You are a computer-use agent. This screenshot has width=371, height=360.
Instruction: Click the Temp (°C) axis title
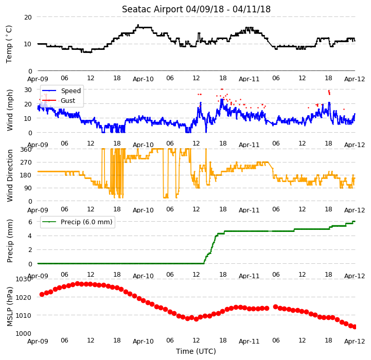pos(9,44)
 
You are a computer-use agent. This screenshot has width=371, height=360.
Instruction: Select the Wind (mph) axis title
pos(9,110)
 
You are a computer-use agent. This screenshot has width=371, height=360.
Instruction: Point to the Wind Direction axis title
pos(9,175)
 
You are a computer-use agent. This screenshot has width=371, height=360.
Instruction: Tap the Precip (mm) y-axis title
pos(9,241)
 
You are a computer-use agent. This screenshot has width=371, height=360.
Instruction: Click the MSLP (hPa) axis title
pos(9,307)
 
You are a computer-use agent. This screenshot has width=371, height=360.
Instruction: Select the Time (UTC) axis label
pos(196,351)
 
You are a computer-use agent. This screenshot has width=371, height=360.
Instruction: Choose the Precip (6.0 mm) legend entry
pos(77,222)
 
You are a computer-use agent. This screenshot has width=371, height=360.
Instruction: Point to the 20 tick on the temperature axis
pos(28,17)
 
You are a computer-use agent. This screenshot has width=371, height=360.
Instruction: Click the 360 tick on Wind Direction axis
pos(26,150)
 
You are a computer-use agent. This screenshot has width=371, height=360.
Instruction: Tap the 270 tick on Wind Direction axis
pos(26,163)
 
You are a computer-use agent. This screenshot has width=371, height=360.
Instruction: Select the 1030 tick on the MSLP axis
pos(24,279)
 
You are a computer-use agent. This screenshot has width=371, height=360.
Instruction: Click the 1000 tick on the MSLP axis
pos(24,333)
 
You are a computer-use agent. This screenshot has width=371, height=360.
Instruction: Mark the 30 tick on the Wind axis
pos(28,90)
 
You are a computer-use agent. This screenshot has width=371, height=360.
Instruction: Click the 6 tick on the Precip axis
pos(30,222)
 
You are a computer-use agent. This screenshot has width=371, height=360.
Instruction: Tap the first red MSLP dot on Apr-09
pos(42,295)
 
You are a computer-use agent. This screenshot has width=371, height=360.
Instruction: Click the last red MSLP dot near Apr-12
pos(355,327)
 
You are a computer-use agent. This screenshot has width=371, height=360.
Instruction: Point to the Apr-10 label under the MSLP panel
pos(143,341)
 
